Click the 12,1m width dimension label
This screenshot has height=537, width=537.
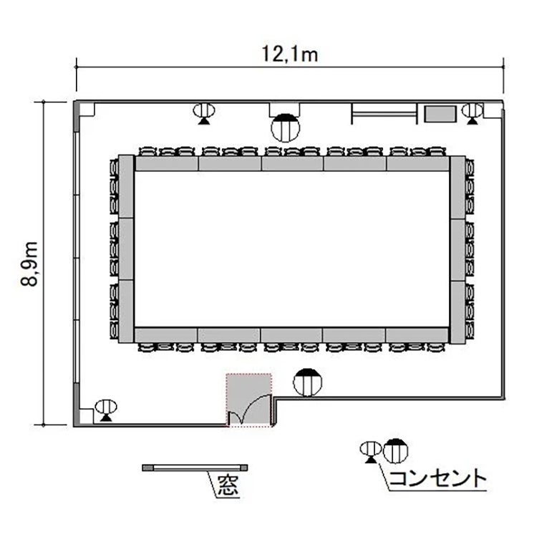coord(290,55)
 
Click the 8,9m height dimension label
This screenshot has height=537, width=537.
coord(29,263)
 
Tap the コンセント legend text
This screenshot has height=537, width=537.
coord(438,478)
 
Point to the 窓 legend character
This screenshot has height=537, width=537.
coord(228,485)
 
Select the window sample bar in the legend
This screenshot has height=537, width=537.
coord(195,468)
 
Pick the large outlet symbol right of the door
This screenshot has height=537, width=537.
coord(308,382)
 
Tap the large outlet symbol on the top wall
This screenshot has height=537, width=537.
coord(285,127)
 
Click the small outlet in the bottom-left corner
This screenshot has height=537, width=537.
coord(106,410)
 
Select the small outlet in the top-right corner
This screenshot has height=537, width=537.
coord(473,114)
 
